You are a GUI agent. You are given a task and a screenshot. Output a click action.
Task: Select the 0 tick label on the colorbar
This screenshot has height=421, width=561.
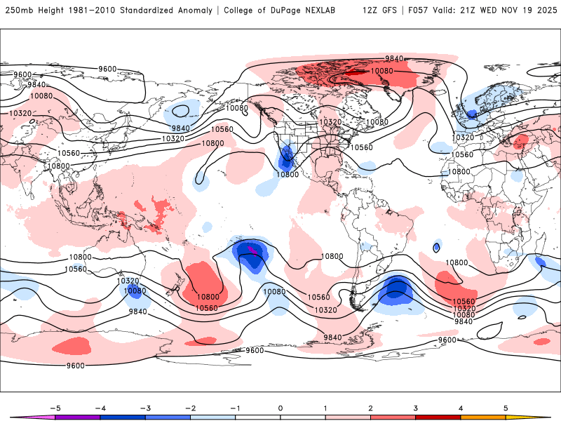[280, 407]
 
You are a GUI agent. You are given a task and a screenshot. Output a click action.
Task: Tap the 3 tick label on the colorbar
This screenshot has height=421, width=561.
[415, 407]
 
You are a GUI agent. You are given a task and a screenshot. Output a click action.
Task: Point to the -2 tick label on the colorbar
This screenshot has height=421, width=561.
[190, 407]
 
